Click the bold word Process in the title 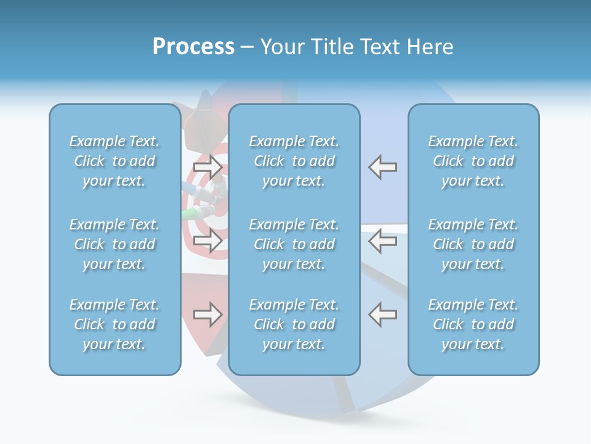pyautogui.click(x=193, y=47)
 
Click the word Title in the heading pyautogui.click(x=331, y=47)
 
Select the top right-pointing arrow pyautogui.click(x=208, y=166)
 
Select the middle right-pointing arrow pyautogui.click(x=208, y=240)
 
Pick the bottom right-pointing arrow pyautogui.click(x=208, y=314)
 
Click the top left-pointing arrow pyautogui.click(x=383, y=166)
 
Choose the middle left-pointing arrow pyautogui.click(x=383, y=240)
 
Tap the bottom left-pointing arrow pyautogui.click(x=383, y=314)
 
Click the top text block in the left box pyautogui.click(x=115, y=161)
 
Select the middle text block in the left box pyautogui.click(x=115, y=244)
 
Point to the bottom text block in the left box pyautogui.click(x=115, y=324)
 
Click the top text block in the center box pyautogui.click(x=294, y=161)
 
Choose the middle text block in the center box pyautogui.click(x=294, y=244)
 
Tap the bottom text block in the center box pyautogui.click(x=294, y=324)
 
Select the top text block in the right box pyautogui.click(x=473, y=161)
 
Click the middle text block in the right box pyautogui.click(x=473, y=244)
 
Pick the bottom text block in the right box pyautogui.click(x=473, y=324)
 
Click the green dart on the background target pyautogui.click(x=190, y=214)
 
